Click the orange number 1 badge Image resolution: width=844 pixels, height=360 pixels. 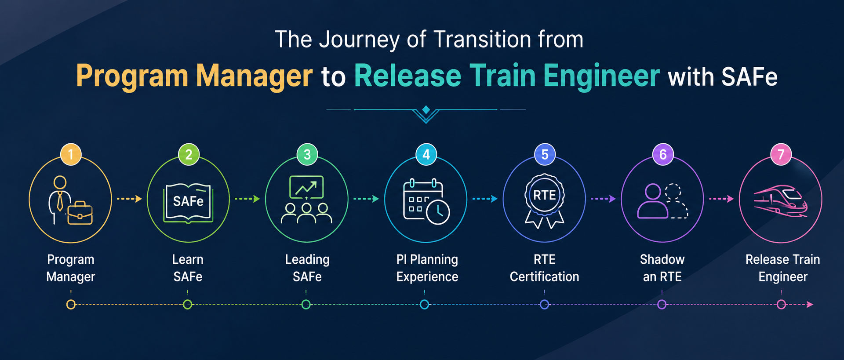tap(71, 154)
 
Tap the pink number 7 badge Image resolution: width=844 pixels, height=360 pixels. tap(781, 154)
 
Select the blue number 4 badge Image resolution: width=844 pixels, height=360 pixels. tap(426, 154)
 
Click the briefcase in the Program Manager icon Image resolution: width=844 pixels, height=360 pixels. tap(80, 213)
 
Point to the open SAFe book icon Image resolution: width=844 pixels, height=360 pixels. tap(188, 202)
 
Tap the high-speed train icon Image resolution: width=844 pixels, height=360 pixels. tap(781, 201)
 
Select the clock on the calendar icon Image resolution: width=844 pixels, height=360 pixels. tap(438, 213)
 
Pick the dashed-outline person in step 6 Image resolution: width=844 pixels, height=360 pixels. tap(676, 201)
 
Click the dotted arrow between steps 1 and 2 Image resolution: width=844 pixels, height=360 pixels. tap(129, 199)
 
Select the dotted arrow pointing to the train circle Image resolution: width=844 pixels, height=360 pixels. tap(721, 199)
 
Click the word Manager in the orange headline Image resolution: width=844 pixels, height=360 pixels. tap(255, 76)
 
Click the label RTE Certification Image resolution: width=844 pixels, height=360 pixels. tap(545, 268)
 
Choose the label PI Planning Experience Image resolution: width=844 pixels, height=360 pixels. tap(427, 268)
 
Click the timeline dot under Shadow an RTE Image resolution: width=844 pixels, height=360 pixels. tap(662, 304)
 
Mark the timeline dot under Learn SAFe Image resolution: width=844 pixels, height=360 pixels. tap(188, 304)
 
